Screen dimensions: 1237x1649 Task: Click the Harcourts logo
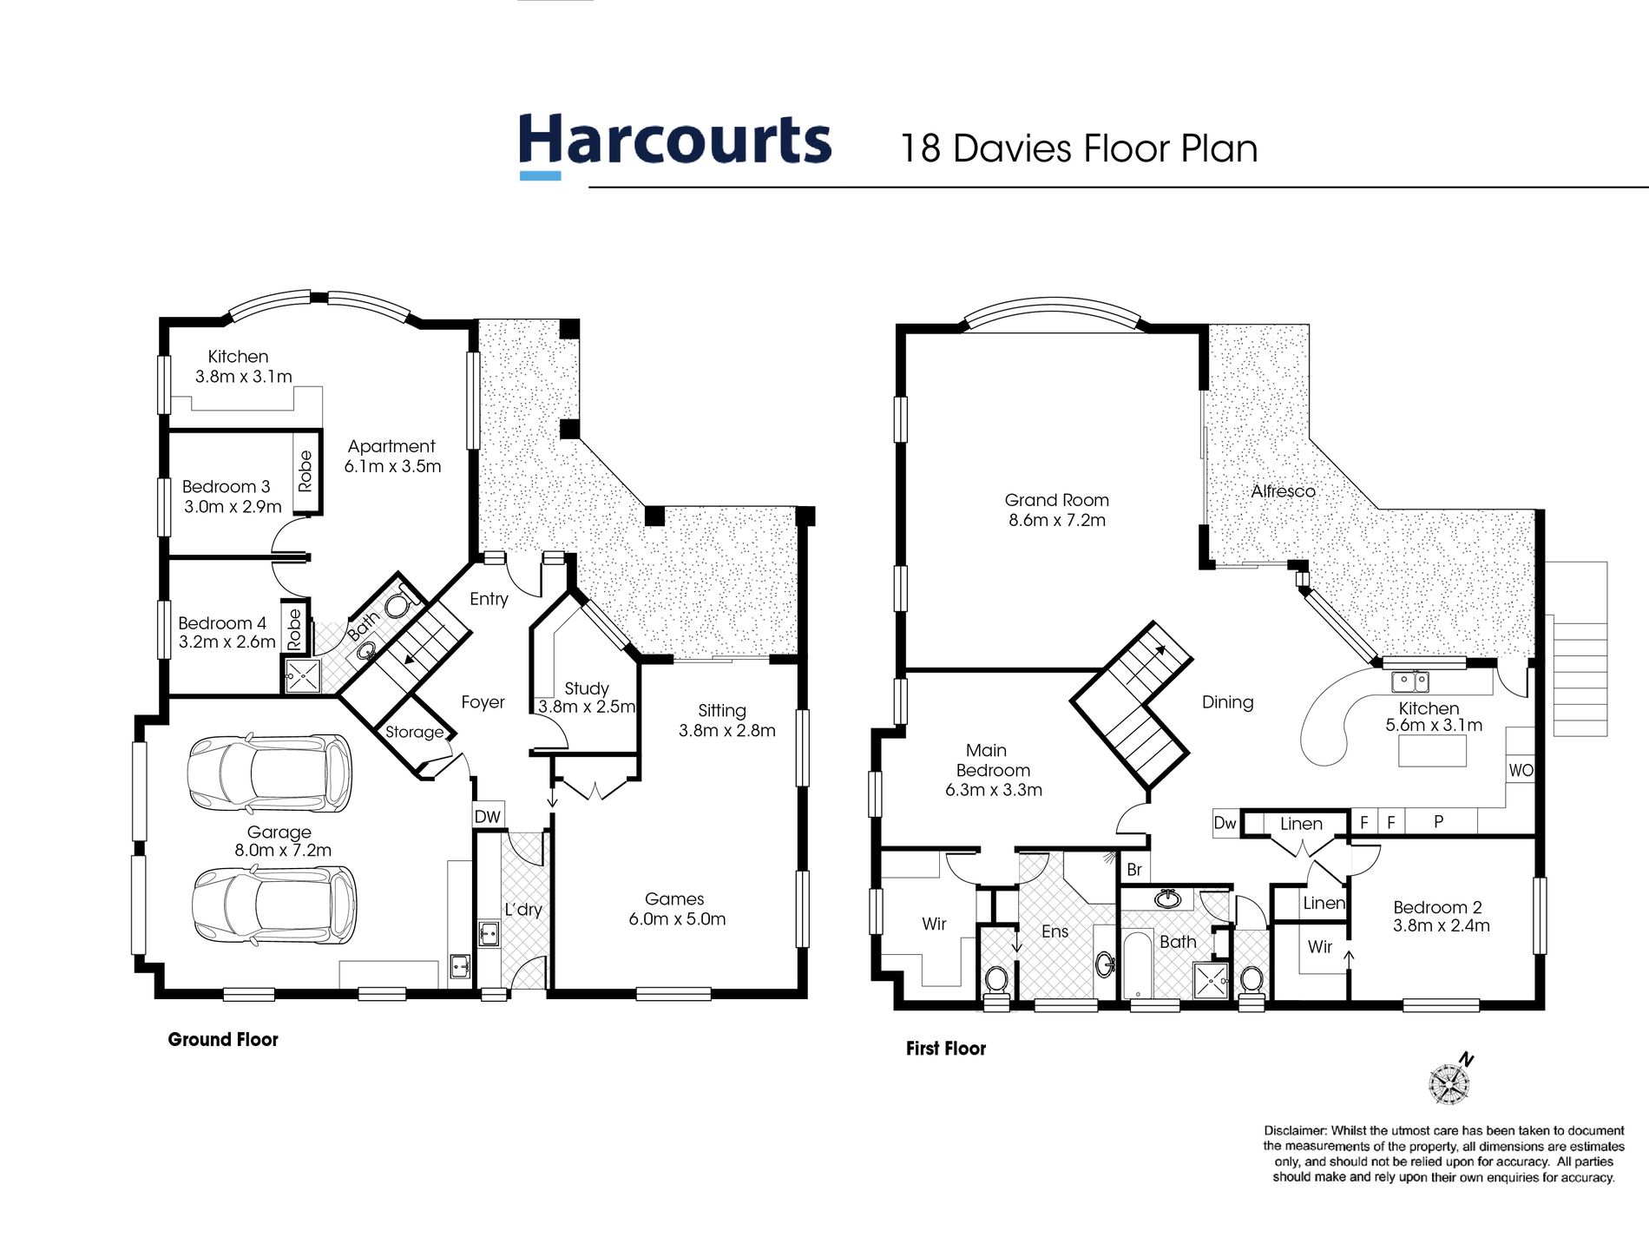point(674,144)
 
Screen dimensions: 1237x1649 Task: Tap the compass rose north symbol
point(1450,1082)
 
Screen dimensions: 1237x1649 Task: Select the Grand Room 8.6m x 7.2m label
point(1056,510)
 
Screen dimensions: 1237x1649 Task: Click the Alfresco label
point(1283,491)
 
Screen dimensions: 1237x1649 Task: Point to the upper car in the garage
point(270,773)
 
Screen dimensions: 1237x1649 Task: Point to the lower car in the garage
point(273,905)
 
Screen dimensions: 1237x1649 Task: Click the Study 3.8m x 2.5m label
point(587,697)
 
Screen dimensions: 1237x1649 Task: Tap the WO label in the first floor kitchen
point(1521,770)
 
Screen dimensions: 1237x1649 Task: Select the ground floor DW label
point(488,816)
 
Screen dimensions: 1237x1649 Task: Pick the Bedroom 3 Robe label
point(305,471)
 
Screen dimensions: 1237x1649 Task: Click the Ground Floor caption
point(223,1039)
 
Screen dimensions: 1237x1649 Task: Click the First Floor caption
point(945,1048)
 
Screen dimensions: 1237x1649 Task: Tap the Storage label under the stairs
point(414,732)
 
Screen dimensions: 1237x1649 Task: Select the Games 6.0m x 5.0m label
point(676,909)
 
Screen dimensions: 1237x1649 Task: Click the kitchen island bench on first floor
point(1432,751)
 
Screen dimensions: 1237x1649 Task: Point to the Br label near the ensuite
point(1133,870)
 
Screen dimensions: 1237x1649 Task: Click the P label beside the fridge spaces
point(1438,821)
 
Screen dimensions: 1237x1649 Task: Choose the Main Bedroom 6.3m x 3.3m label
point(993,770)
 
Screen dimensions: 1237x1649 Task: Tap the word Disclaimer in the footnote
point(1294,1130)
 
